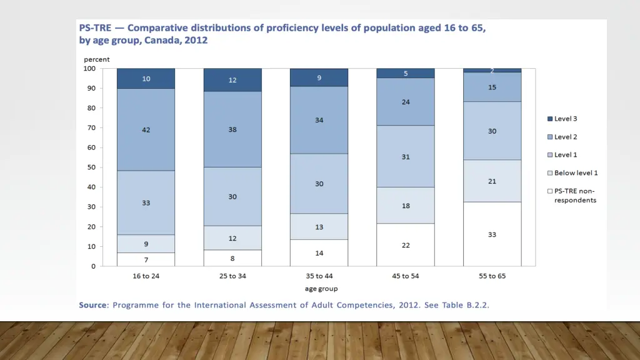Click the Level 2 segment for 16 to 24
pos(146,129)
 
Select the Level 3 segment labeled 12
pos(232,80)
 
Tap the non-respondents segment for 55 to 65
pos(492,234)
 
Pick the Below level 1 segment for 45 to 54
pos(406,206)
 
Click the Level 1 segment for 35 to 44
pos(319,184)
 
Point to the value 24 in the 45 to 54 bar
pos(406,102)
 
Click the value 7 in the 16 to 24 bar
pos(146,260)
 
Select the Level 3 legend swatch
pos(550,119)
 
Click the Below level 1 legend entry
pos(576,173)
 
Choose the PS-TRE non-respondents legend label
pos(575,196)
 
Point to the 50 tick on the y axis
pos(91,167)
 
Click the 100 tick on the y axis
pos(89,69)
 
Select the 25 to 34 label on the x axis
pos(232,276)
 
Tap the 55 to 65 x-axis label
pos(492,276)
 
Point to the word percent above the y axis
pos(97,59)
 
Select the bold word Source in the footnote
pos(92,305)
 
